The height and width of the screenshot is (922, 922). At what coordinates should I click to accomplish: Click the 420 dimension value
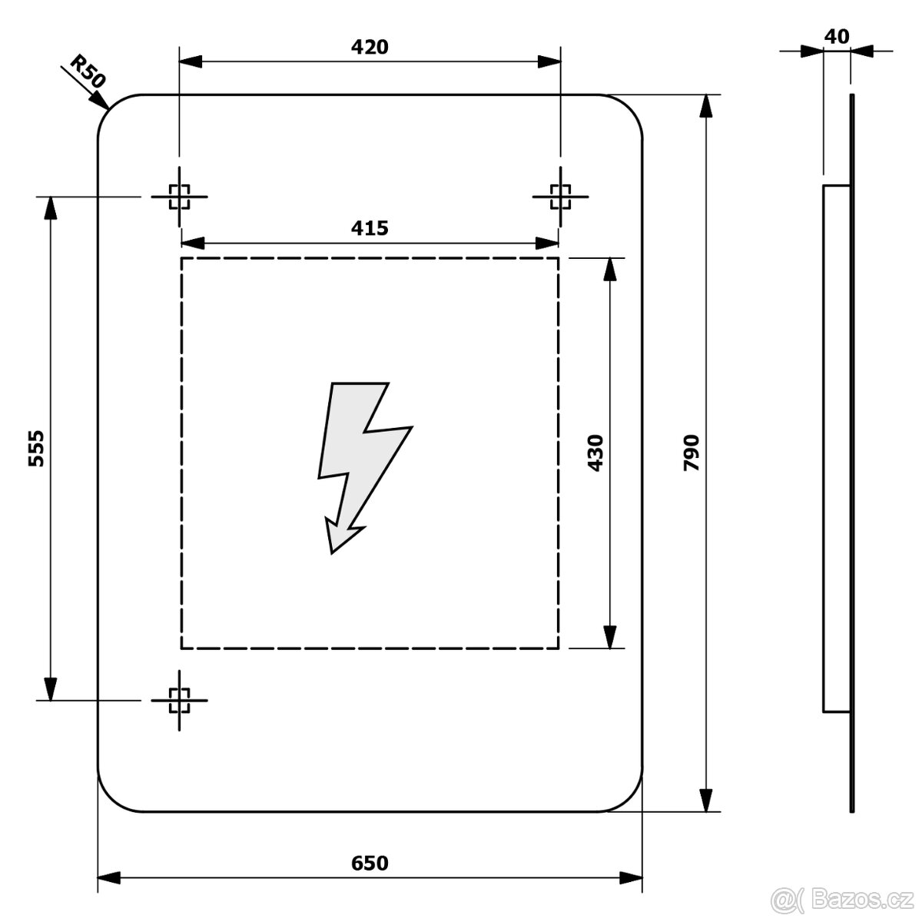(x=370, y=47)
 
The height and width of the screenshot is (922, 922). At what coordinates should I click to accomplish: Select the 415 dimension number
(x=370, y=228)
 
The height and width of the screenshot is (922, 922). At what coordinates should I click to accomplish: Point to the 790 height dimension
(x=691, y=453)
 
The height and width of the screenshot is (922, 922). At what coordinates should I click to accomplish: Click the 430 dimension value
(x=595, y=453)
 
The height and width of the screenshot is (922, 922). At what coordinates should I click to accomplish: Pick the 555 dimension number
(x=36, y=448)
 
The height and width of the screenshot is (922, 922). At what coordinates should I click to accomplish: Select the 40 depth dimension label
(x=837, y=37)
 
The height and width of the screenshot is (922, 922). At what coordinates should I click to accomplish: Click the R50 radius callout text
(x=88, y=71)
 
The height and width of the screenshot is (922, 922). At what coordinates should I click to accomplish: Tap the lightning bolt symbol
(x=365, y=468)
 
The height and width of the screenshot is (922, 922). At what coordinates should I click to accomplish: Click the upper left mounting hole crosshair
(x=180, y=197)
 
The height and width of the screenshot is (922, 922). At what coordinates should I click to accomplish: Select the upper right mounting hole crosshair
(x=560, y=197)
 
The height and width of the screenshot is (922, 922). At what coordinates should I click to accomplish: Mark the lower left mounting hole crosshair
(x=180, y=700)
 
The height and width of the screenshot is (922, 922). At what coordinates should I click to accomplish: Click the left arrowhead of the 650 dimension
(x=108, y=891)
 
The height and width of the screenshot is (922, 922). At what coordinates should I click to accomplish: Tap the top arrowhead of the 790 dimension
(x=706, y=106)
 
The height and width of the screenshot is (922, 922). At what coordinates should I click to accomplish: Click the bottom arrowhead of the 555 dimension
(x=50, y=689)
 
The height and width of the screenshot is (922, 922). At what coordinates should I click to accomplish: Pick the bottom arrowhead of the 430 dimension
(x=609, y=637)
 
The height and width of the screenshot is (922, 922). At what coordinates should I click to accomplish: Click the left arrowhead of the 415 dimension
(x=193, y=243)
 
